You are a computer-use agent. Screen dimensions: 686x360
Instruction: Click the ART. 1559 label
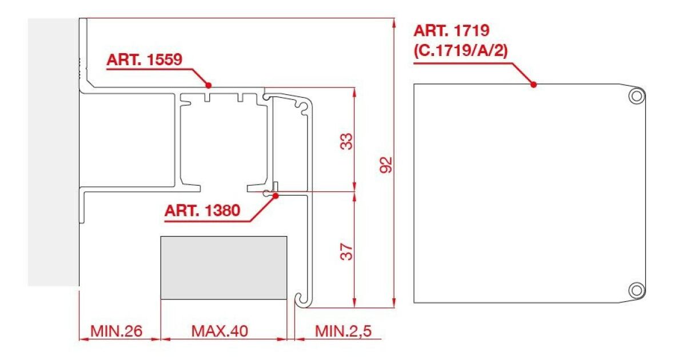tap(144, 59)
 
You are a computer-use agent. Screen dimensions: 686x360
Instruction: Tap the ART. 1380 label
tap(202, 211)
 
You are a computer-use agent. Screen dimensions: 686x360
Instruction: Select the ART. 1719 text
tap(452, 31)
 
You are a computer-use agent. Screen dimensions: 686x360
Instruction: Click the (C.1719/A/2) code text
tap(461, 51)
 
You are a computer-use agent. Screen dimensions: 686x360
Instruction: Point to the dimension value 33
tap(346, 141)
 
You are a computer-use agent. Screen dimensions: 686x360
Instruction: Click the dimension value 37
tap(346, 251)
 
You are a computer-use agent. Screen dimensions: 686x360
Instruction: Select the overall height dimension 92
tap(385, 165)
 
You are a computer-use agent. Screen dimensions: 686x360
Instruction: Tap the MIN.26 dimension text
tap(117, 331)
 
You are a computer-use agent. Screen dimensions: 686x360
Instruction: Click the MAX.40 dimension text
tap(220, 331)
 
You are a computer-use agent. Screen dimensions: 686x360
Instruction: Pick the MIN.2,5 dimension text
tap(344, 331)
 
